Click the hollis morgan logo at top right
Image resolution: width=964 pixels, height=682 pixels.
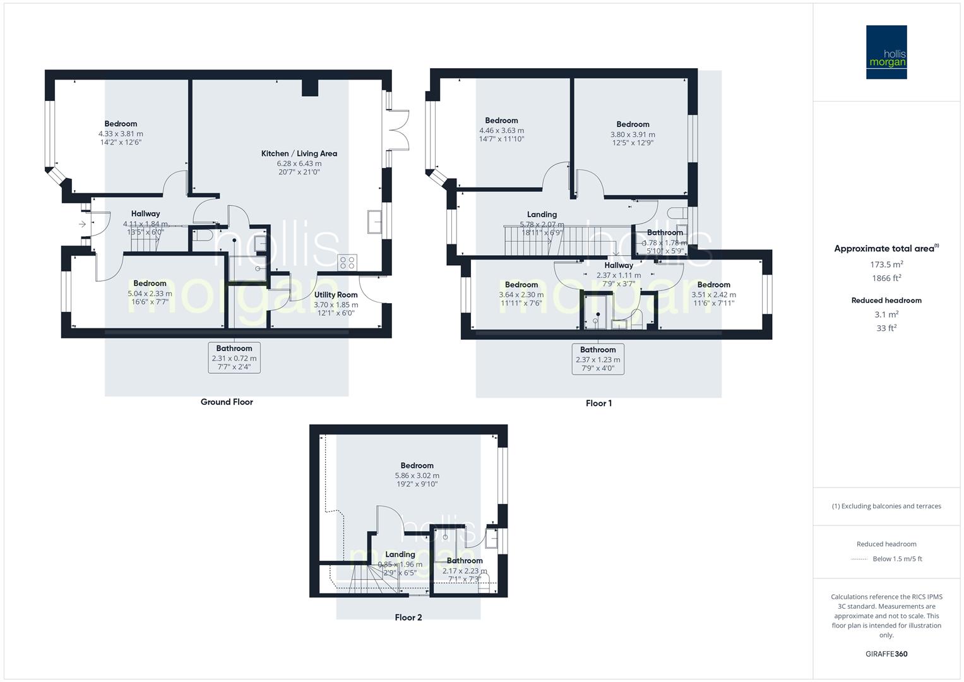[886, 52]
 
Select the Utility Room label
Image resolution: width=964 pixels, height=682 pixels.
[336, 295]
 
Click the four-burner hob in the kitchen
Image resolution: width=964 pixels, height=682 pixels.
[348, 261]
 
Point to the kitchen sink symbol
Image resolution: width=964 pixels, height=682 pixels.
[374, 222]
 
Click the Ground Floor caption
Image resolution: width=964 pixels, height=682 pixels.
[227, 402]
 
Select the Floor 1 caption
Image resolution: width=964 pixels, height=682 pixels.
[598, 404]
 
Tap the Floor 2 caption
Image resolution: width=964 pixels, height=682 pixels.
[408, 618]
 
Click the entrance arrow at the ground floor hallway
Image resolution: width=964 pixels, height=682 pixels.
[83, 224]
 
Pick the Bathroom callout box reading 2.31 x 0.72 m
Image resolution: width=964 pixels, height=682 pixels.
[234, 357]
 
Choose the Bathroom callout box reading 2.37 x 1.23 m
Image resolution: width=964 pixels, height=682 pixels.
[598, 359]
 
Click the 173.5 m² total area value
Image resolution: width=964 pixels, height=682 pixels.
[886, 265]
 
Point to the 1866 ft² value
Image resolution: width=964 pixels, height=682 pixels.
[886, 278]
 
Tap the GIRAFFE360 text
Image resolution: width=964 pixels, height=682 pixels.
[886, 654]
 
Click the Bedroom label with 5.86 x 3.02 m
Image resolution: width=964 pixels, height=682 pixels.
[417, 465]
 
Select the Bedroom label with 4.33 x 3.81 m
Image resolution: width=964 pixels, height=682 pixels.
[121, 124]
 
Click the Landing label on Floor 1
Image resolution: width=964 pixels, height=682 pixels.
[542, 214]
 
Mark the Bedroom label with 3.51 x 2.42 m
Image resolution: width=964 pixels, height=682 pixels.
[713, 285]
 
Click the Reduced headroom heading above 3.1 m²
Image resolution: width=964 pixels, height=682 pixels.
[886, 301]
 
